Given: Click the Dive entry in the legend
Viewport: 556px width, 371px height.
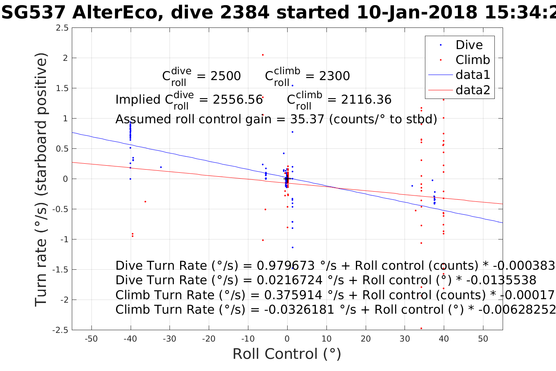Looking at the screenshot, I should point(469,45).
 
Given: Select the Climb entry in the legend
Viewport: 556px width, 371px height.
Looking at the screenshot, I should point(472,60).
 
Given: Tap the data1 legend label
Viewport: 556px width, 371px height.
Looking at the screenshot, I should point(473,75).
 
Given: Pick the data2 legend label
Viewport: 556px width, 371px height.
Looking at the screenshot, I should point(473,90).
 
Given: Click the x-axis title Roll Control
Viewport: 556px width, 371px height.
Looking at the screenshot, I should point(287,354).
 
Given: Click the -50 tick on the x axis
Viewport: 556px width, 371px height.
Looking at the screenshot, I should point(91,339).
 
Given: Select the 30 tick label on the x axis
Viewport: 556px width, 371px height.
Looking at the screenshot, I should point(405,339).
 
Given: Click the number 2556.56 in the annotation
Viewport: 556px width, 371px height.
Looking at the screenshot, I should point(237,100).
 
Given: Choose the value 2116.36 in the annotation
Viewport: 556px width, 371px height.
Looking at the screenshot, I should point(366,100).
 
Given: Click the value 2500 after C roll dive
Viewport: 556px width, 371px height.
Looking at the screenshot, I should point(226,76).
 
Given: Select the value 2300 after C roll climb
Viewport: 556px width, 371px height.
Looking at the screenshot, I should point(334,76).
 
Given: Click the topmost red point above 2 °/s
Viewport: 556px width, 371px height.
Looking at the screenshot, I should point(263,55).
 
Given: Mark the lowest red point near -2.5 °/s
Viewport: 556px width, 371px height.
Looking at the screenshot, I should point(421,328).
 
